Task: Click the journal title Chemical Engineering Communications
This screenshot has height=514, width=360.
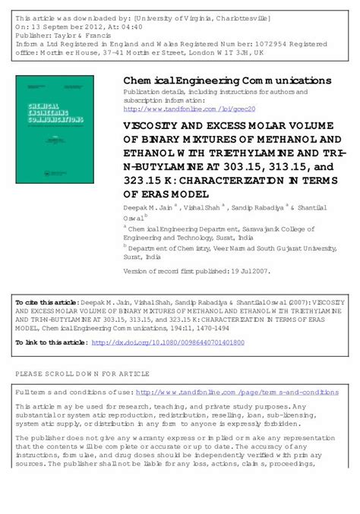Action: coord(227,80)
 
